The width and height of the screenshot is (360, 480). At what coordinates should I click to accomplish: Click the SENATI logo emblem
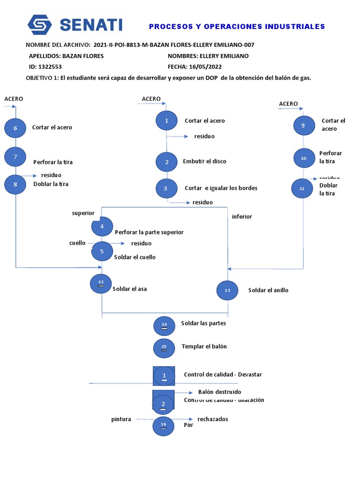click(39, 25)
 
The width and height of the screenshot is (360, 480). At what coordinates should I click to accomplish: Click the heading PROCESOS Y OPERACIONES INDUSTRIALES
click(237, 27)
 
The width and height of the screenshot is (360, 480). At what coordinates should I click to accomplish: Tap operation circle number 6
click(15, 128)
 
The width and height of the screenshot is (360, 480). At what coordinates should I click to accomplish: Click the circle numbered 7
click(15, 156)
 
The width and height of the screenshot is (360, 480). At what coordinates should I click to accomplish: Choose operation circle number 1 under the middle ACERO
click(167, 121)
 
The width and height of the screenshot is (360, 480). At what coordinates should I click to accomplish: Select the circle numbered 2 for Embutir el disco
click(167, 162)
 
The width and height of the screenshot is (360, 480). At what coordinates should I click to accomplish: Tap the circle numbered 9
click(303, 126)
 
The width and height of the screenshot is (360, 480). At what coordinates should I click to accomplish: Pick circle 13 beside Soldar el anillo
click(227, 290)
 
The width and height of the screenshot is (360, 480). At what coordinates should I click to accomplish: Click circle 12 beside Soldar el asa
click(101, 283)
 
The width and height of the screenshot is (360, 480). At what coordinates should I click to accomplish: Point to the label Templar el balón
click(204, 346)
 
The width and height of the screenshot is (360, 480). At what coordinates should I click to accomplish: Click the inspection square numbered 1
click(164, 375)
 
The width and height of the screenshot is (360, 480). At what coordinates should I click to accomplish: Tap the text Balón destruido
click(219, 392)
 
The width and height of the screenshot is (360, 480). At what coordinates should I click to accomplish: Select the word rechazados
click(213, 419)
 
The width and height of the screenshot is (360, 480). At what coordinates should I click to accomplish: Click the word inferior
click(242, 217)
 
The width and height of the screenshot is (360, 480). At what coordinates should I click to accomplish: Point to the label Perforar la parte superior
click(149, 232)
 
